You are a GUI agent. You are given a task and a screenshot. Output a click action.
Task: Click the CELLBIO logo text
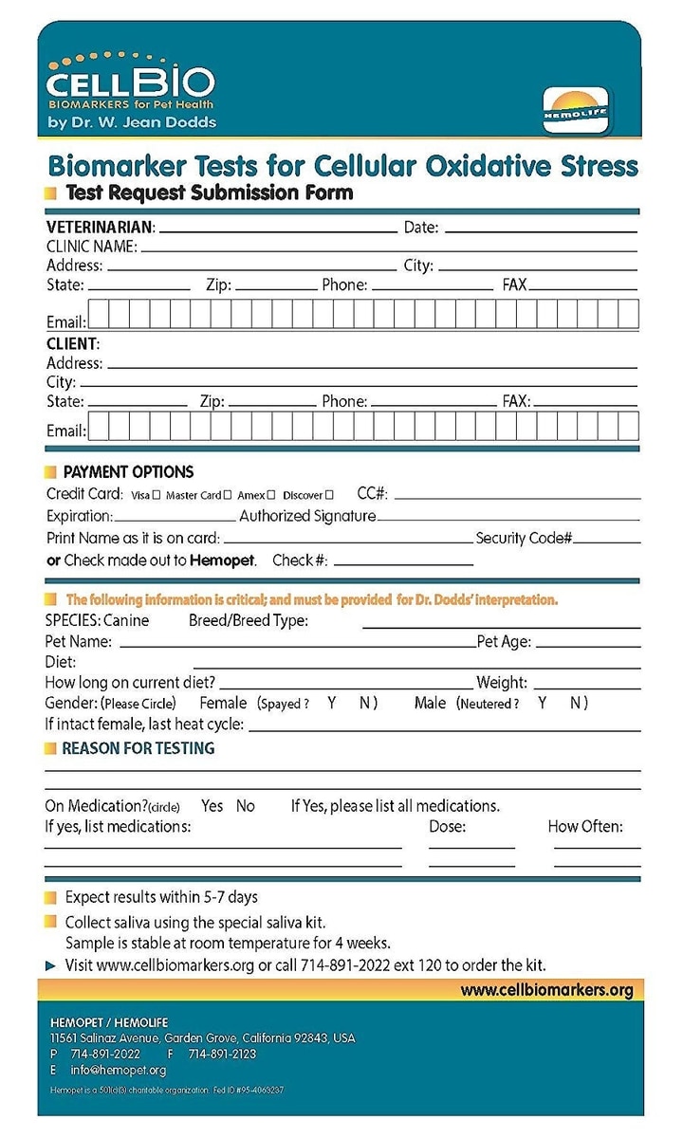pos(131,82)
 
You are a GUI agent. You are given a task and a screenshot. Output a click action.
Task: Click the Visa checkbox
pos(157,495)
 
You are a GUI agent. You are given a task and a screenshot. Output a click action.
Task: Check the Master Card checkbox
pos(227,495)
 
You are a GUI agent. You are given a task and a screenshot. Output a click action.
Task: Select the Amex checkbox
pos(271,495)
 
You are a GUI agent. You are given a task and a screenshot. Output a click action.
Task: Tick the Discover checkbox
pos(329,495)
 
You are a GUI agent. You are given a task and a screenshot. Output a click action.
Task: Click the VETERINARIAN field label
pos(100,228)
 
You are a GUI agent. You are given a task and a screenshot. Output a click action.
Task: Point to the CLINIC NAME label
pos(91,247)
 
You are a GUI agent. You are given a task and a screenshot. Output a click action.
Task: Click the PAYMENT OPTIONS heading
pos(128,471)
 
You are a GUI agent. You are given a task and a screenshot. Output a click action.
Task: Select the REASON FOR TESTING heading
pos(138,748)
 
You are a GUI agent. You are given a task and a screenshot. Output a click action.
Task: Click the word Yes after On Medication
pos(212,806)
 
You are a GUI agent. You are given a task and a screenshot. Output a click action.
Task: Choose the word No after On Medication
pos(246,806)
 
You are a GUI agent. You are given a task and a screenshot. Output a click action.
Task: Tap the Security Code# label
pos(524,538)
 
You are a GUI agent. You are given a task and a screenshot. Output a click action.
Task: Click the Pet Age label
pos(504,642)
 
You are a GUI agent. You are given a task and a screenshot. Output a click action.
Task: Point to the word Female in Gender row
pos(223,703)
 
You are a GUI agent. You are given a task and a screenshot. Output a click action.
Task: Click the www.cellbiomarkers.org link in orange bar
pos(546,990)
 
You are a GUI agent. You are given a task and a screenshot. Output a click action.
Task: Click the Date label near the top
pos(421,228)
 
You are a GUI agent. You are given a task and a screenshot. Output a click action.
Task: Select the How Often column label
pos(585,826)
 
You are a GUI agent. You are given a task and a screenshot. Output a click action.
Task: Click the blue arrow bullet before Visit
pos(51,965)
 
